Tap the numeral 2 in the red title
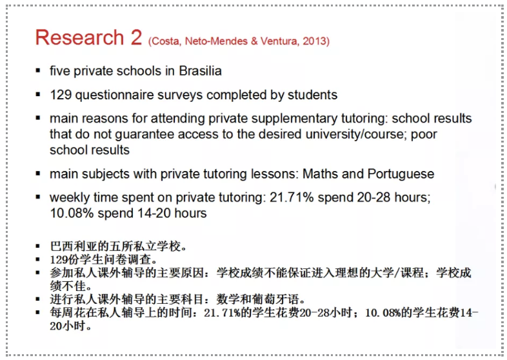coord(136,37)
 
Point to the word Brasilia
coord(199,70)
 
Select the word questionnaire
coord(114,95)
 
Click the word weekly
coord(68,197)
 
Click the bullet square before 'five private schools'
coord(38,70)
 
